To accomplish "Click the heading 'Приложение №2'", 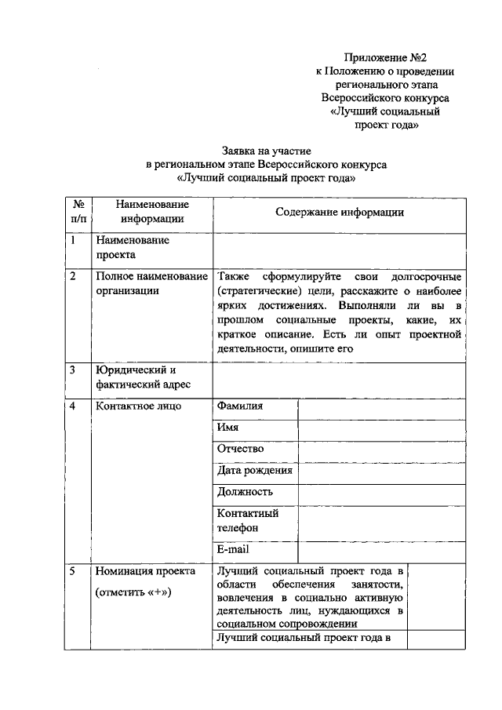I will point(385,57).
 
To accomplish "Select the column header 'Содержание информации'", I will point(340,212).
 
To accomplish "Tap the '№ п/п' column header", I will point(78,212).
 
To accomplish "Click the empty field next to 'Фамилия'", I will point(381,407).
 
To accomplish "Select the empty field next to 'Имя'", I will point(381,429).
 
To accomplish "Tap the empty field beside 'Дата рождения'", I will point(381,472).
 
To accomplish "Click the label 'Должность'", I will point(246,493).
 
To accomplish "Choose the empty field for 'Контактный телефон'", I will point(381,521).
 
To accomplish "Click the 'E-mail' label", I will point(233,551).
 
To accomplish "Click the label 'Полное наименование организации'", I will point(151,284).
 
